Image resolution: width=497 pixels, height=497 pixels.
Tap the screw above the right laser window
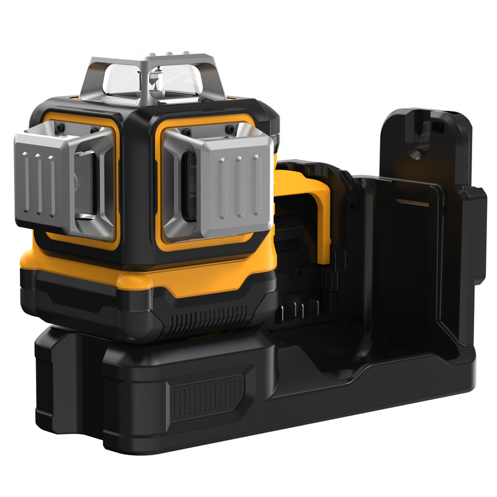[x=185, y=130]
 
